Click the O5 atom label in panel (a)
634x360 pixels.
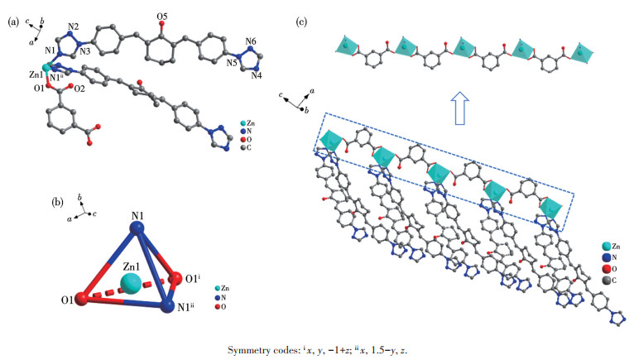point(161,17)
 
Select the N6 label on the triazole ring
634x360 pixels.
point(251,41)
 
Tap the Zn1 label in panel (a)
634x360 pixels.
point(36,74)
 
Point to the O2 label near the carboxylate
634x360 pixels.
point(79,89)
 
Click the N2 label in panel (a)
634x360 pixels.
point(73,26)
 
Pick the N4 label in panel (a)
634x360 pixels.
point(257,75)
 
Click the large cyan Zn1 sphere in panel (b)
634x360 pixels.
point(131,283)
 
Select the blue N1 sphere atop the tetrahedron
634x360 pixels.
point(137,228)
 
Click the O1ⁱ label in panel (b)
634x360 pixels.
point(194,279)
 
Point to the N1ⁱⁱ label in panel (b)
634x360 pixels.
point(185,307)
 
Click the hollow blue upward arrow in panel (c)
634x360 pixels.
point(459,108)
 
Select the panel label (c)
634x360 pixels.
point(301,22)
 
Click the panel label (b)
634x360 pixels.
point(58,202)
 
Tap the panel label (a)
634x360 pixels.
point(13,22)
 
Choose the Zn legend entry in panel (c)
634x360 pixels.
point(611,246)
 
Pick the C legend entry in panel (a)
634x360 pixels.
point(246,147)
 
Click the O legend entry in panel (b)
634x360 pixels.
point(220,307)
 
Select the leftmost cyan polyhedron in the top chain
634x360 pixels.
point(345,46)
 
